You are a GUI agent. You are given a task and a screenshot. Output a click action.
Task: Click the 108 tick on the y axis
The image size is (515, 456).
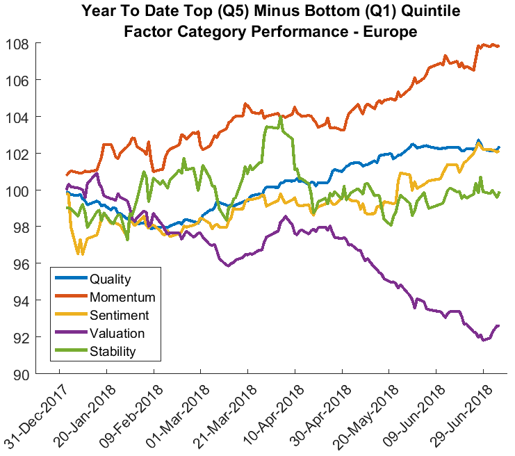36,44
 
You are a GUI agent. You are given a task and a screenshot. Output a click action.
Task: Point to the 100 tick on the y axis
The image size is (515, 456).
36,190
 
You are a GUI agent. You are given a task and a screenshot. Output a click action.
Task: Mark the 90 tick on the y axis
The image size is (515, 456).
40,374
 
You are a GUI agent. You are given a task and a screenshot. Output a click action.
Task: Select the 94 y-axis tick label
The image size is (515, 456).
40,301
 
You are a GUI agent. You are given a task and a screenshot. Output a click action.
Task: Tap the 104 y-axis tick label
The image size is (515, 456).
36,117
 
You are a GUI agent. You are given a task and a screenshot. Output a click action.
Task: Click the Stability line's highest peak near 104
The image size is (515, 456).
280,117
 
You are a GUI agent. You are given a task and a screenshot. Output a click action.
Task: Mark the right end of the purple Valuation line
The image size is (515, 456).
498,325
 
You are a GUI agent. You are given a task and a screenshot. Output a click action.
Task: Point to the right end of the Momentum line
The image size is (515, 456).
499,46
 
